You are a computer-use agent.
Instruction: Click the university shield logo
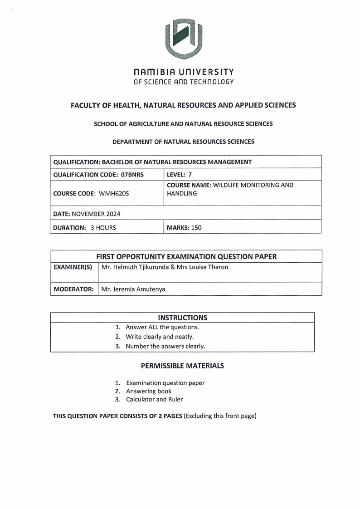(183, 39)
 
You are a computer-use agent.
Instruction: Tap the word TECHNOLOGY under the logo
(211, 82)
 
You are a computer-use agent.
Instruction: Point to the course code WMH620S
(114, 193)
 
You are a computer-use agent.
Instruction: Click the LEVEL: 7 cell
(179, 175)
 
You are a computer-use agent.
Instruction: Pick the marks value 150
(196, 228)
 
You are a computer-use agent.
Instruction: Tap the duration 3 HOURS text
(103, 228)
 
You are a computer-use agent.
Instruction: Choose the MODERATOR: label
(73, 289)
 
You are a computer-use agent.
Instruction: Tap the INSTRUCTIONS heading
(182, 318)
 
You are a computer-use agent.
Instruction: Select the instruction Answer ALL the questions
(162, 327)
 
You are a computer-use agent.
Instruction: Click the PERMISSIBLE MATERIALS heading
(182, 366)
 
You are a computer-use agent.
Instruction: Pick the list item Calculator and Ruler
(154, 399)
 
